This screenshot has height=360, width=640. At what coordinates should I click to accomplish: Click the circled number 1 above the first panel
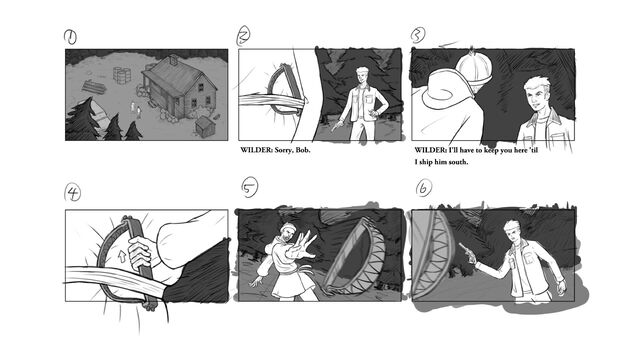tap(70, 37)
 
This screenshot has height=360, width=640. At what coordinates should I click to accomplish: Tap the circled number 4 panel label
tap(73, 192)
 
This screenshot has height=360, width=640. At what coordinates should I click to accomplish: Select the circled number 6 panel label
tap(424, 189)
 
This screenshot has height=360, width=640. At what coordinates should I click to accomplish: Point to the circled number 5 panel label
tap(249, 187)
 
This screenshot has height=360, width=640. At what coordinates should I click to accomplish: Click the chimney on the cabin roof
tap(173, 60)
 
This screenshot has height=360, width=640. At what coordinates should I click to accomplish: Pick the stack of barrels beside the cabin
tap(122, 76)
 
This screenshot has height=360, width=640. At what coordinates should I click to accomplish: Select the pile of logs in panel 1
tap(94, 87)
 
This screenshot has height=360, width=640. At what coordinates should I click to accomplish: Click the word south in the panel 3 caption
tap(457, 162)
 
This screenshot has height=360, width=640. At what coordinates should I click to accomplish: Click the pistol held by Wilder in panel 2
tap(337, 126)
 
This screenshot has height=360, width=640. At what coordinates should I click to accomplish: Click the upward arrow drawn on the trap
tap(122, 256)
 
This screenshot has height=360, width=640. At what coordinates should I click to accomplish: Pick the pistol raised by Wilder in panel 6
tap(468, 253)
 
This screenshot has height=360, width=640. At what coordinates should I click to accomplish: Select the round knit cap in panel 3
tap(473, 67)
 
